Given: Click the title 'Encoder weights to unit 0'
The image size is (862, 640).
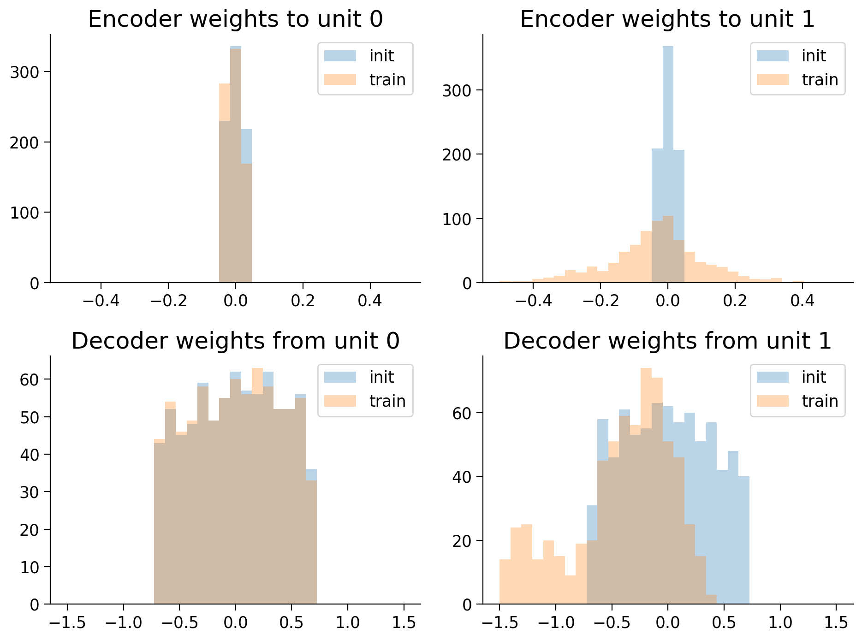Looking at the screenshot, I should click(235, 19).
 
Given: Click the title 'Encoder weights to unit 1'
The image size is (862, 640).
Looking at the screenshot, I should click(667, 19).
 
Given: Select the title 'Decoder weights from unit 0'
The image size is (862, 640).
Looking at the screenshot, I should click(235, 341).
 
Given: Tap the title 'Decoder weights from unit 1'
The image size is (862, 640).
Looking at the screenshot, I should click(667, 341).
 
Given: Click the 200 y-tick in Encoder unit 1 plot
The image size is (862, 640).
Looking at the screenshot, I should click(457, 154).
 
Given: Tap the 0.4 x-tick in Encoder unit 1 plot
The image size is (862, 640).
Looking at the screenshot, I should click(802, 301).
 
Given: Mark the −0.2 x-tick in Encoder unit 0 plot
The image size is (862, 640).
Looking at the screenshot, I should click(168, 301).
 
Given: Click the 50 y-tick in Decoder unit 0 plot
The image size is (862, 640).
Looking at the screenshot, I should click(30, 417).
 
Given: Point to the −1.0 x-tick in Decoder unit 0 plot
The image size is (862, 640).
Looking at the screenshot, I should click(123, 622).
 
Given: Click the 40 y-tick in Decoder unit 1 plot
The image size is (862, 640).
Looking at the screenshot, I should click(462, 477).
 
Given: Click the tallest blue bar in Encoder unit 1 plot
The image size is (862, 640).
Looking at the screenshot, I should click(668, 161).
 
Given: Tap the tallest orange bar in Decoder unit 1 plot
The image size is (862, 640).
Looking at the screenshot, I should click(646, 484).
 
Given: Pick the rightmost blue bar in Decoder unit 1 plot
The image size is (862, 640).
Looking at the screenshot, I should click(743, 539).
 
